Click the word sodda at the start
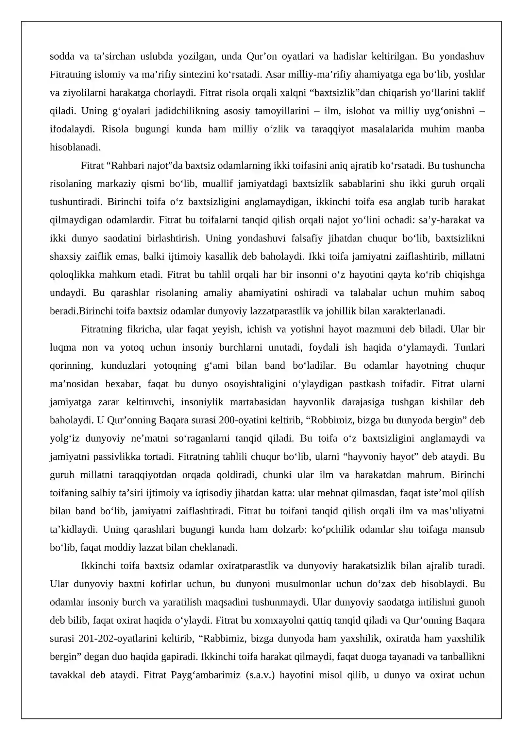click(x=62, y=57)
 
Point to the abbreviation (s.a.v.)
click(x=260, y=675)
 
